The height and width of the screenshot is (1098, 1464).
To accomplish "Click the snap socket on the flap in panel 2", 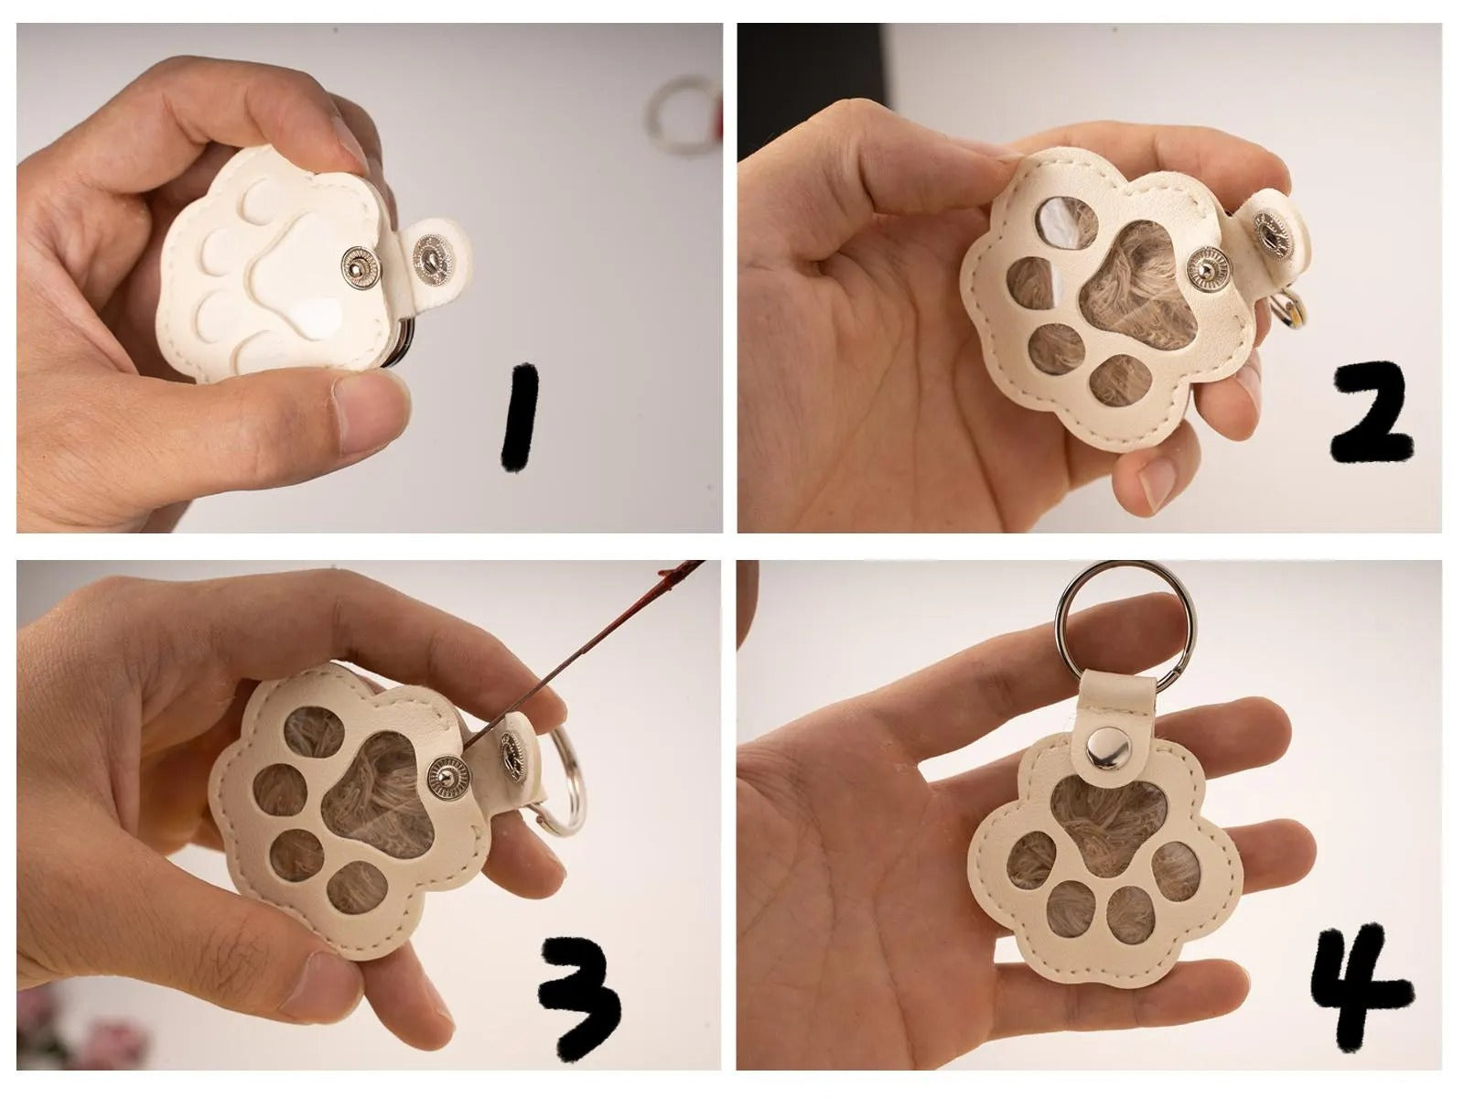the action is [x=1271, y=231].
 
